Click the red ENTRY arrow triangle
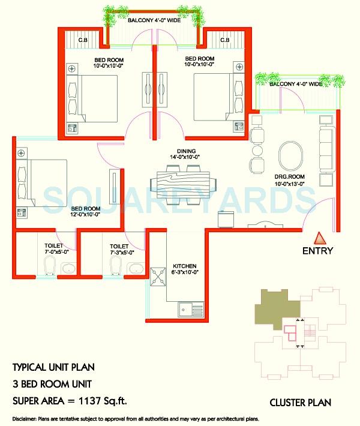coord(319,236)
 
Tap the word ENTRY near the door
coord(318,251)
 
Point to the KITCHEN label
coord(184,265)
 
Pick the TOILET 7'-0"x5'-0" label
coord(53,249)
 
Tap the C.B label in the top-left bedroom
coord(82,40)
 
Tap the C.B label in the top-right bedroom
coord(224,40)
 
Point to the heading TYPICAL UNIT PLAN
coord(53,367)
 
